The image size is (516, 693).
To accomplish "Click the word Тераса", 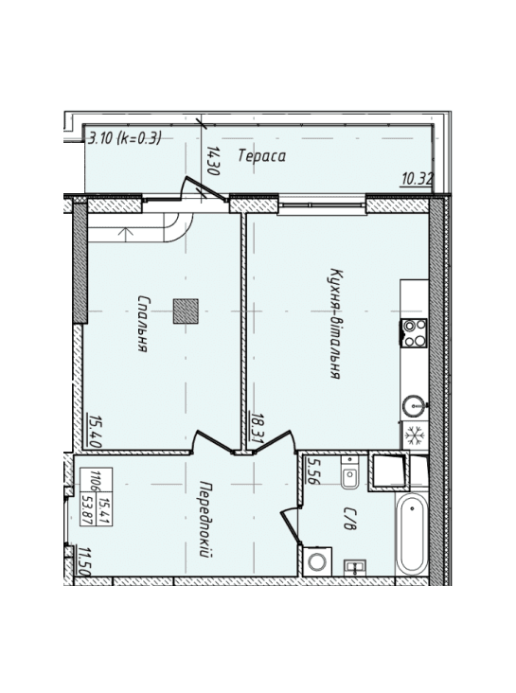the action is tap(261, 156).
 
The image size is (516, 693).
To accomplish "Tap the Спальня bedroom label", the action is tap(142, 324).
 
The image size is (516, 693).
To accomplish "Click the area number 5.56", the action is tap(312, 472).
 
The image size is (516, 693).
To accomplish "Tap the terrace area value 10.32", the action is tap(418, 180).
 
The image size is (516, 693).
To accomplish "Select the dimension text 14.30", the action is tap(213, 161).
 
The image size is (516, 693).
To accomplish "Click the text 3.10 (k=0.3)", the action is tap(125, 139).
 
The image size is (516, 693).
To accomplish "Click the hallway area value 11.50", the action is tap(84, 560).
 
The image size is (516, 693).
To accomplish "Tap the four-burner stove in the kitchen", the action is tap(414, 333).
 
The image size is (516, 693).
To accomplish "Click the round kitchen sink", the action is tap(415, 404).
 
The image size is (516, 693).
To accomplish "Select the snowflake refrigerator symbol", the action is tap(415, 435).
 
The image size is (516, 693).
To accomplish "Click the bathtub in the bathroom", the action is tap(412, 533).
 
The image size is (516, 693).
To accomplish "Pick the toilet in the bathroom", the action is tap(349, 473).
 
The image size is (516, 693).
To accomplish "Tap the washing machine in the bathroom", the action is tap(317, 561).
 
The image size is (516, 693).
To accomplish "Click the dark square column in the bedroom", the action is tap(186, 312).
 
